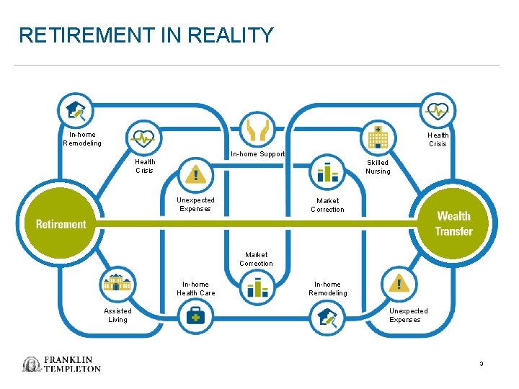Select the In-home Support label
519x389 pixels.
point(257,154)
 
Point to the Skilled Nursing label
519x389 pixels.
point(378,167)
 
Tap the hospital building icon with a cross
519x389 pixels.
point(378,137)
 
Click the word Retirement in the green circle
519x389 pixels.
point(61,224)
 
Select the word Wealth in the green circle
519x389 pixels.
point(453,216)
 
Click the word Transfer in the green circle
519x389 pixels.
point(453,231)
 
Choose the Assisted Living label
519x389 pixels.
point(117,316)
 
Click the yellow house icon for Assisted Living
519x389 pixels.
point(117,283)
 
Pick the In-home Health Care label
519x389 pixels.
point(196,289)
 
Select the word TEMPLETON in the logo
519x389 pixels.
point(72,368)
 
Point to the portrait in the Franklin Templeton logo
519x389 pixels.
point(32,364)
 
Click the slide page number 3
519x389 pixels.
point(481,364)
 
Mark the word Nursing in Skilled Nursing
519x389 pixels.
point(378,171)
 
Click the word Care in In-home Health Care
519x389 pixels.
point(208,293)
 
